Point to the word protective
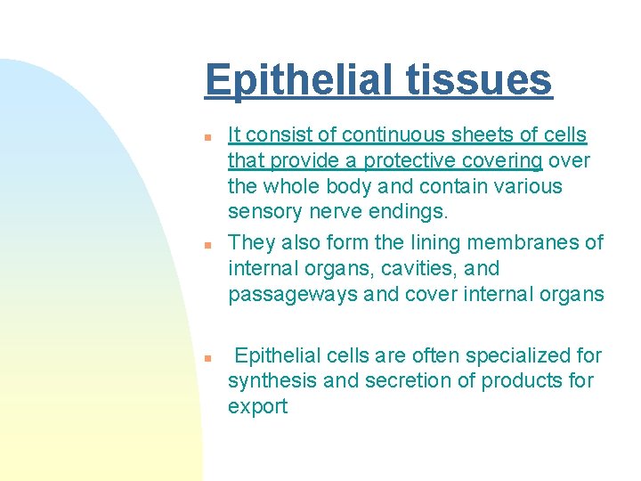408,161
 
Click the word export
258,407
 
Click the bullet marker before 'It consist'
207,138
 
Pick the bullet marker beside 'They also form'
207,244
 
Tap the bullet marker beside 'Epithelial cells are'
207,358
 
